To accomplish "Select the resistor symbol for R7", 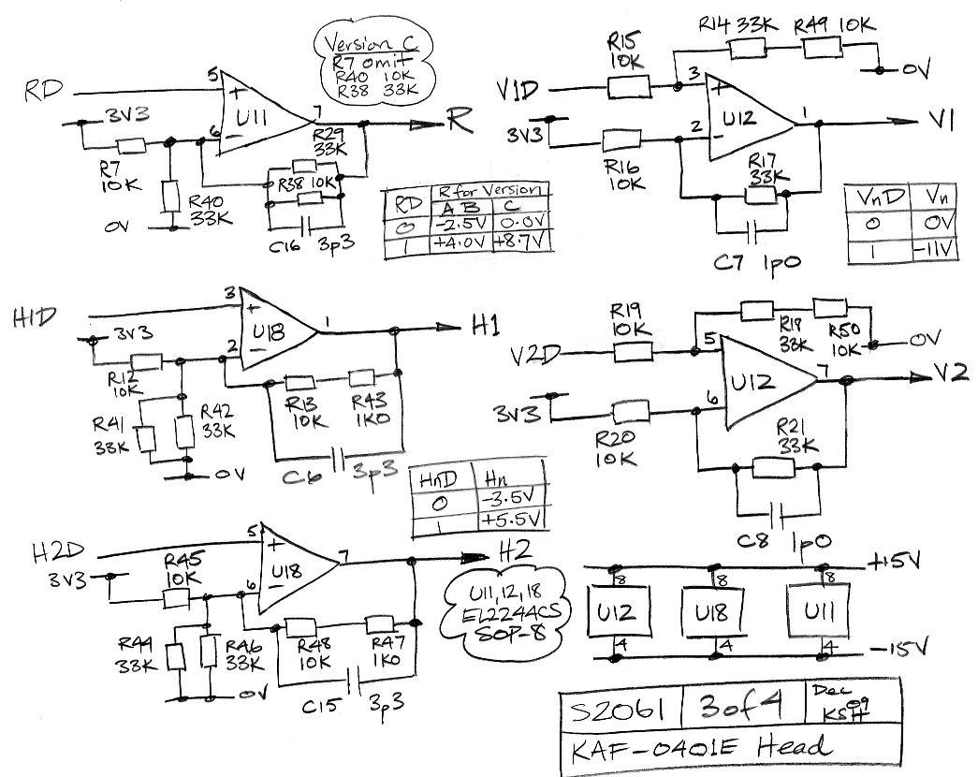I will click(131, 146).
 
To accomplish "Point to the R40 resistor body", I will click(169, 197).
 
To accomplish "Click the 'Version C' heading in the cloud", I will click(373, 44).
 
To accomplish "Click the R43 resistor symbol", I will click(362, 379).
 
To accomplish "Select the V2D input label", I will click(537, 357).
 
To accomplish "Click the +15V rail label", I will click(896, 563).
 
